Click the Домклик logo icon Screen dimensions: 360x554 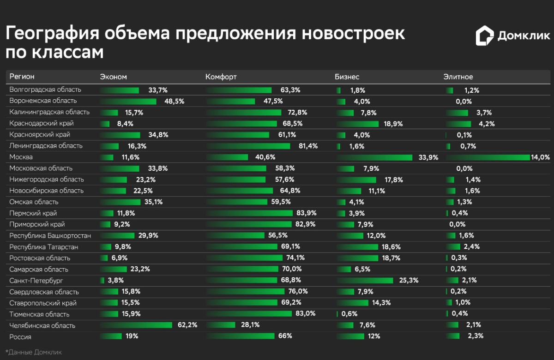[x=485, y=36]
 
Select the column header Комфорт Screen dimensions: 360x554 [x=221, y=77]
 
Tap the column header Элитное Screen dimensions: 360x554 [x=458, y=77]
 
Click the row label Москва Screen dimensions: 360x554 [x=21, y=157]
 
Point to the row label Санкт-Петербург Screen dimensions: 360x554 [x=36, y=281]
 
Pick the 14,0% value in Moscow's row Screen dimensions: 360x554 [x=540, y=157]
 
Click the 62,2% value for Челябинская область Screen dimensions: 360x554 [x=187, y=325]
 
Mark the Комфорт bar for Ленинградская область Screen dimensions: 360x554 [x=249, y=146]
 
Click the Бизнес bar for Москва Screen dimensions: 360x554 [x=374, y=157]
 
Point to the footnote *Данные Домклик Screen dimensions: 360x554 [x=34, y=352]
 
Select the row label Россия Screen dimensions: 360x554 [x=21, y=336]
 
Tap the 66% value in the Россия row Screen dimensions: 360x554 [x=285, y=336]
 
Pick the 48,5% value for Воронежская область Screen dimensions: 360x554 [x=174, y=101]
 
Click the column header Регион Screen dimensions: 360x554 [x=22, y=77]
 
